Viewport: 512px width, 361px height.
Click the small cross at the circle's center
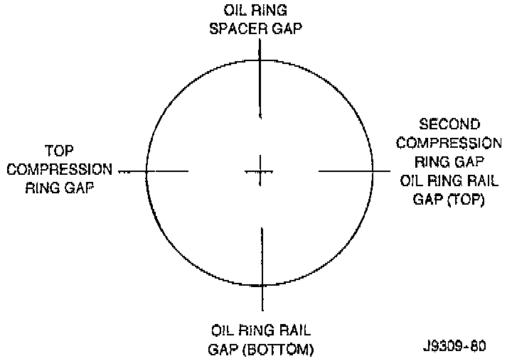tap(260, 171)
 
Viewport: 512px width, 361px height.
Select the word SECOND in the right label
tap(449, 124)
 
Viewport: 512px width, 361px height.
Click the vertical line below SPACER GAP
tap(260, 78)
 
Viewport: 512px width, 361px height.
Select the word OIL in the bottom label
tap(223, 331)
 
